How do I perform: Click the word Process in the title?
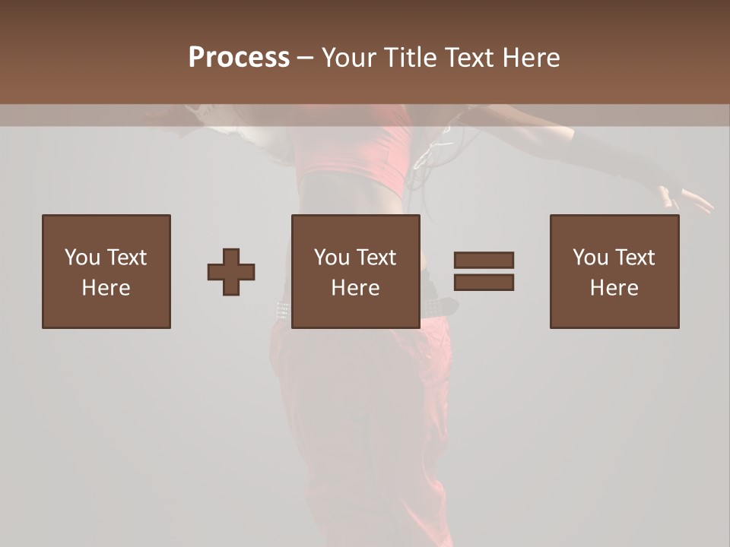239,58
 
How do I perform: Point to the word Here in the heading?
531,58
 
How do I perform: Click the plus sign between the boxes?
231,272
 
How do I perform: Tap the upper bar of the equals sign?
484,260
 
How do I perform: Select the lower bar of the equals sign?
484,283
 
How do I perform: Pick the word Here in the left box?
106,288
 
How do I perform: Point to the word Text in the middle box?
376,258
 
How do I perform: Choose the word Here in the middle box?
355,288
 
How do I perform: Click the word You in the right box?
590,258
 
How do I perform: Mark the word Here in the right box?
614,288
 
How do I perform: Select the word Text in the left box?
127,258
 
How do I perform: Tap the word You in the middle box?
332,258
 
